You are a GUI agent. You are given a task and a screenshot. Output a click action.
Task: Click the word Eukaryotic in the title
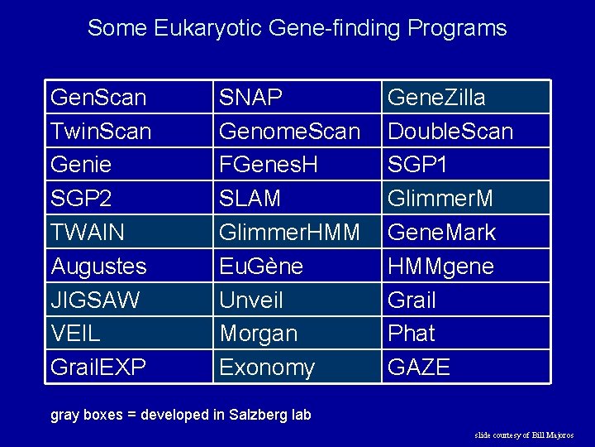coord(210,28)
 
